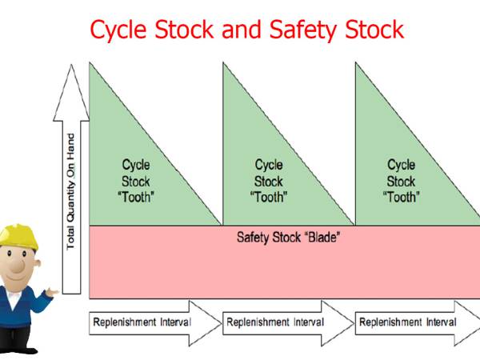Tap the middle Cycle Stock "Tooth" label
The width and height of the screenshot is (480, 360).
268,181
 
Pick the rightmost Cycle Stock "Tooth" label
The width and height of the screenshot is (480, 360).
401,181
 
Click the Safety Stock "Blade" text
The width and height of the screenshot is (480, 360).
283,238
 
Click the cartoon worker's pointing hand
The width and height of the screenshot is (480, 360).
51,293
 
